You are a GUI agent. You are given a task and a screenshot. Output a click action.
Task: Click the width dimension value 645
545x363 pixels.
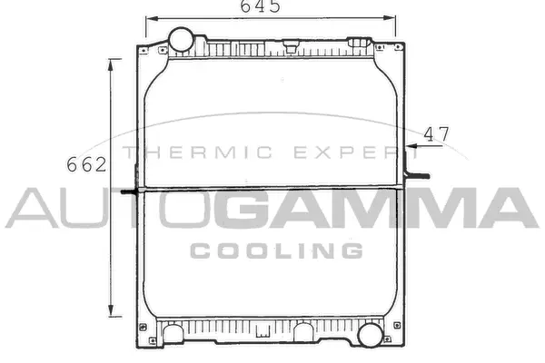[260, 7]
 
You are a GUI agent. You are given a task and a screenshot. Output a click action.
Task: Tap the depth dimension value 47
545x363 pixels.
[437, 133]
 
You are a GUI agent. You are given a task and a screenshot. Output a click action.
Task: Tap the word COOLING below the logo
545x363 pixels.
[276, 250]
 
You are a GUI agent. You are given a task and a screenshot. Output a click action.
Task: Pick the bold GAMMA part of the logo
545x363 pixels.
[372, 209]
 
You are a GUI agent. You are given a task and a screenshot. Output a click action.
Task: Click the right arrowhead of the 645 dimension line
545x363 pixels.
[391, 18]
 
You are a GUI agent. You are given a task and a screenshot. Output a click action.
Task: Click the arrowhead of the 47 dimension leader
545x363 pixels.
[410, 143]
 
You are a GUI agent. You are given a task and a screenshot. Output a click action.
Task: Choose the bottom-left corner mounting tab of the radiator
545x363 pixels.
[143, 329]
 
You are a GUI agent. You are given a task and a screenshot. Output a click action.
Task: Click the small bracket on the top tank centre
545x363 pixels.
[291, 42]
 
